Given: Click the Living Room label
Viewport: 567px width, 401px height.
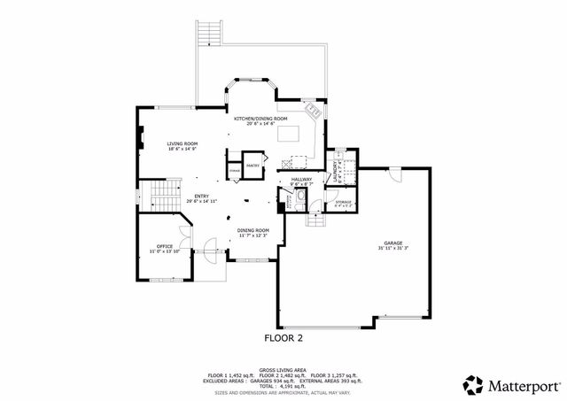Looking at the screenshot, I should [183, 143].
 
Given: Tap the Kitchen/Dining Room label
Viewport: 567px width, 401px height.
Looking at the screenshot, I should [260, 119].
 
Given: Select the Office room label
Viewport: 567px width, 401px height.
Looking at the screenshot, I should [164, 246].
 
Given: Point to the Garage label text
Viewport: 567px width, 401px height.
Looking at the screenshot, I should [392, 242].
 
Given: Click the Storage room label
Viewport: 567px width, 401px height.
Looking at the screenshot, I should [343, 203].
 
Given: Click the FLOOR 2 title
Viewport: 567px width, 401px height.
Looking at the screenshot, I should [283, 337].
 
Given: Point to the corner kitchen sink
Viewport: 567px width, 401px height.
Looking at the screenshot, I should [313, 112].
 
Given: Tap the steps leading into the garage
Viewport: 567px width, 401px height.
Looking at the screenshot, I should [315, 219].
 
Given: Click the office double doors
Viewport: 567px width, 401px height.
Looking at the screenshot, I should [182, 237].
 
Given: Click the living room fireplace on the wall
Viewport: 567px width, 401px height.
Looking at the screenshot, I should [139, 137].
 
